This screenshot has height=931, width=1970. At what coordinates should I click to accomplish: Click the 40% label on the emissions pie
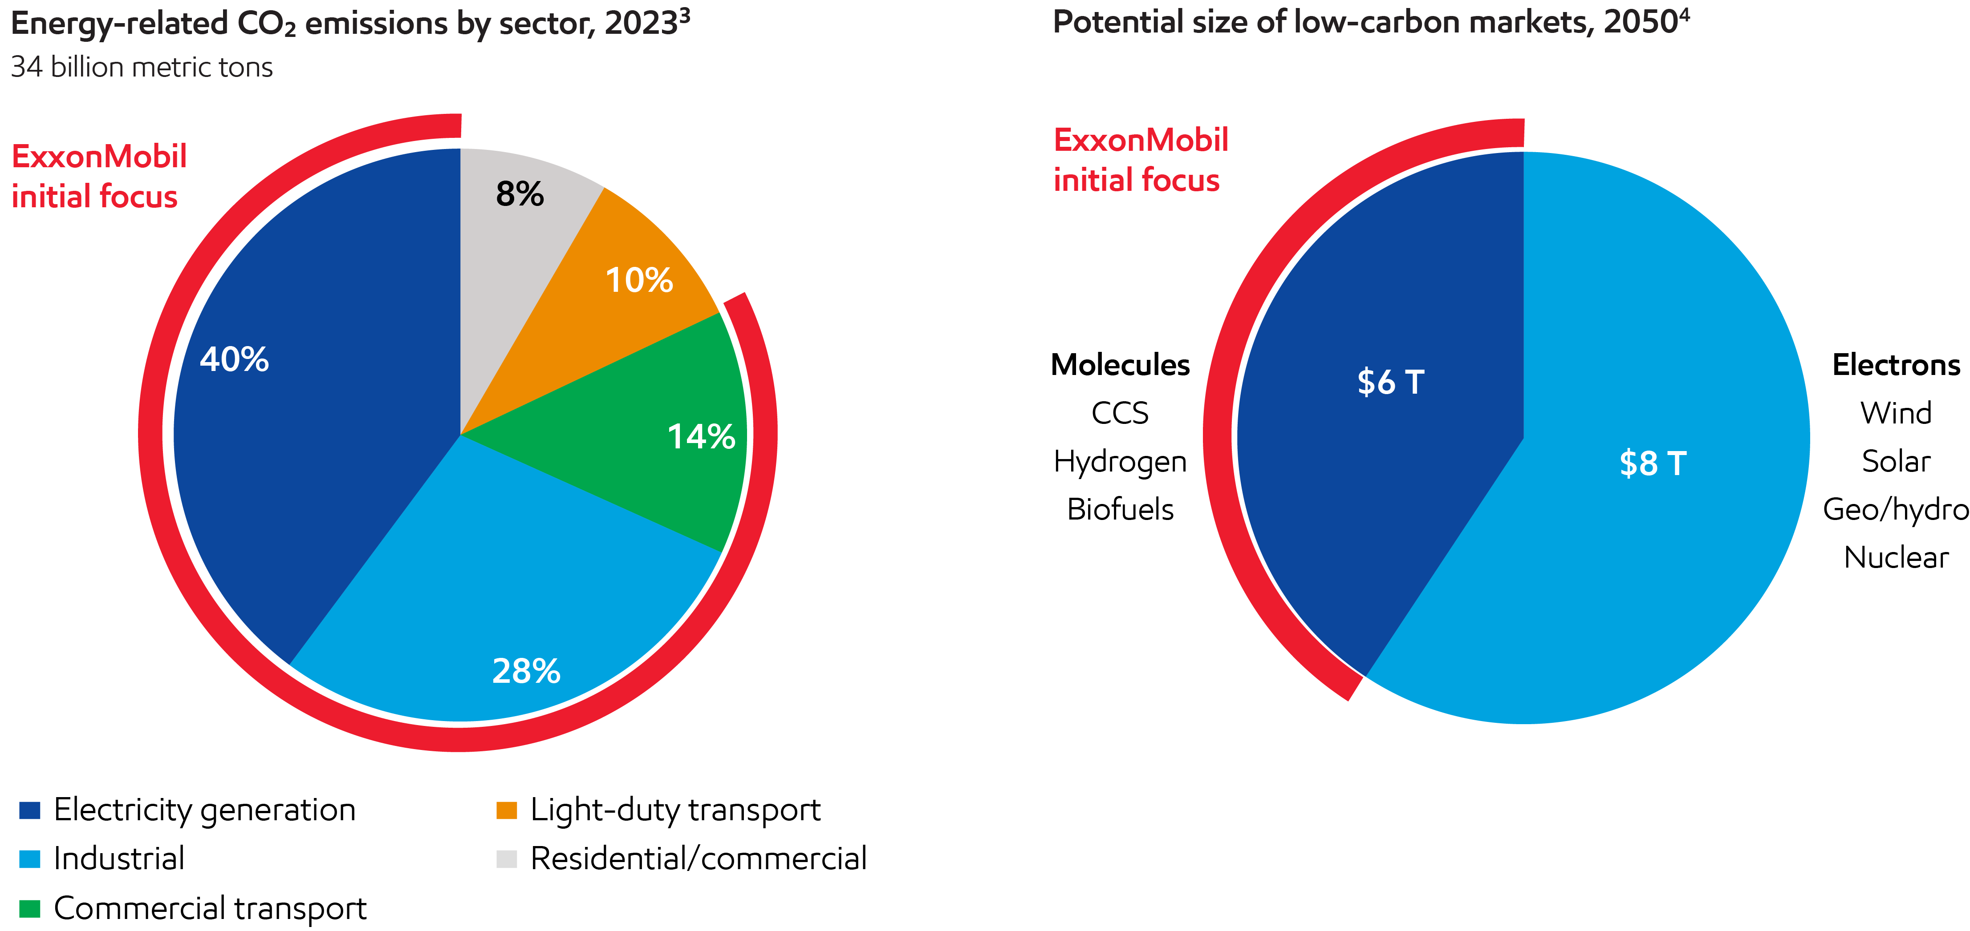[234, 359]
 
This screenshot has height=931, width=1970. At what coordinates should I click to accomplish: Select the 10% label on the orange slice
[638, 281]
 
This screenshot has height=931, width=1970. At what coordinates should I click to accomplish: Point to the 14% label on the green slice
[700, 437]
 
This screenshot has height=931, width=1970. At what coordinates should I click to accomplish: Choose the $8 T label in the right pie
[1653, 463]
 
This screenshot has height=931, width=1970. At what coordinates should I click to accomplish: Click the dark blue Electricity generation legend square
[30, 810]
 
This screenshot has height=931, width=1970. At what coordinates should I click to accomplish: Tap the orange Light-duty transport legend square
[506, 810]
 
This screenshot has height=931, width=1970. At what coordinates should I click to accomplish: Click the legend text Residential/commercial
[698, 858]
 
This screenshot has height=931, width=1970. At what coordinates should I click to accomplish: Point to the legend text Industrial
[119, 858]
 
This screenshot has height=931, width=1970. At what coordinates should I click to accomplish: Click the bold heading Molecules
[1121, 365]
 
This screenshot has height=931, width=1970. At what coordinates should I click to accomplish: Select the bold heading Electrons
[1896, 365]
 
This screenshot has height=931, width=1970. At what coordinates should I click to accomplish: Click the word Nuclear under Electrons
[1896, 557]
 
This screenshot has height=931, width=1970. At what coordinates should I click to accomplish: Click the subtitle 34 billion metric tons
[142, 67]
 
